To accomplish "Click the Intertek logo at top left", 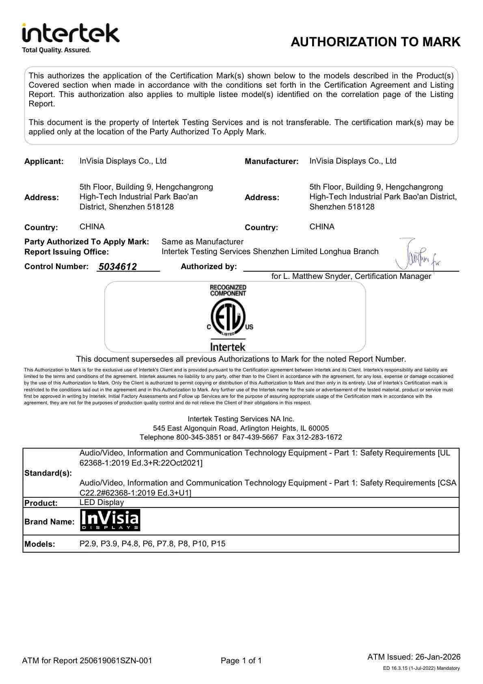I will click(x=71, y=33).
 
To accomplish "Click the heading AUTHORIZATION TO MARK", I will click(x=375, y=42).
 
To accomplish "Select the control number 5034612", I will click(x=117, y=267).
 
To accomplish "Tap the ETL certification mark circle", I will click(x=228, y=318).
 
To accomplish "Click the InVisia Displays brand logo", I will click(x=110, y=520).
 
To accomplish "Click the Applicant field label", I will click(x=44, y=161).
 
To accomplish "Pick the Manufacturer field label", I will click(x=272, y=161).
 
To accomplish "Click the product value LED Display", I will click(x=101, y=502).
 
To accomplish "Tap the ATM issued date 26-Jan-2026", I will click(x=437, y=657).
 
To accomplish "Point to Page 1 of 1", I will click(x=241, y=660).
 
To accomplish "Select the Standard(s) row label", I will click(x=48, y=473).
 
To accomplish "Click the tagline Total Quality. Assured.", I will click(x=56, y=50).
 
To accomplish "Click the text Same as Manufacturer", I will click(x=202, y=242).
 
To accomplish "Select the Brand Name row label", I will click(x=49, y=522).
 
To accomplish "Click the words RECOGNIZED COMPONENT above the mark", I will click(x=228, y=290).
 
